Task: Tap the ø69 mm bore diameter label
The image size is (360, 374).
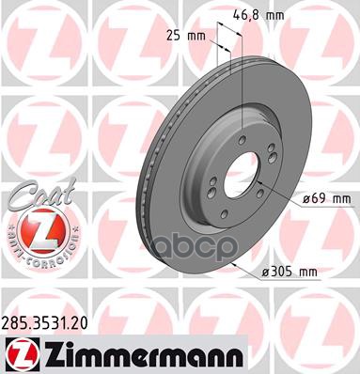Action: click(325, 198)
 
